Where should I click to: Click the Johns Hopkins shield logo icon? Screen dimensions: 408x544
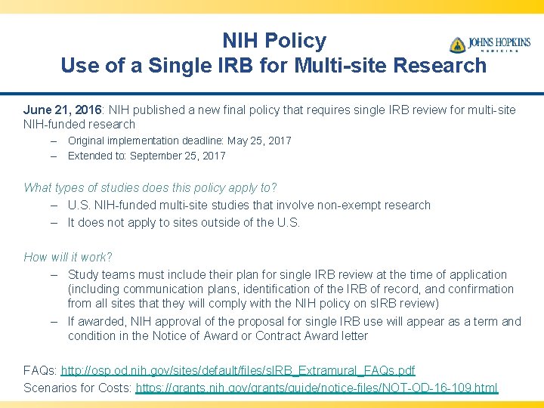pyautogui.click(x=458, y=45)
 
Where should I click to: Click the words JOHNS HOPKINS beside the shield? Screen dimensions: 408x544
pyautogui.click(x=499, y=42)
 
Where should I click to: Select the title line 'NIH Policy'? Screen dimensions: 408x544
pyautogui.click(x=274, y=41)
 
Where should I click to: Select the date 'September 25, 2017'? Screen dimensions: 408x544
pyautogui.click(x=178, y=156)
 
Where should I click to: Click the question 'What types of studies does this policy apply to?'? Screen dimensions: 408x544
pyautogui.click(x=150, y=187)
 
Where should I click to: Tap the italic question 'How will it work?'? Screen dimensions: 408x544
pyautogui.click(x=68, y=257)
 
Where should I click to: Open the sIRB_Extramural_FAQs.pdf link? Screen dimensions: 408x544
pyautogui.click(x=237, y=371)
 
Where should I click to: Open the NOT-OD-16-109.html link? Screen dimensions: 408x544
pyautogui.click(x=317, y=388)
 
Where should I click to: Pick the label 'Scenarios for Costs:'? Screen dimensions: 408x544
pyautogui.click(x=78, y=388)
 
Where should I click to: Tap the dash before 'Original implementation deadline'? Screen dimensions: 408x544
pyautogui.click(x=55, y=141)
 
